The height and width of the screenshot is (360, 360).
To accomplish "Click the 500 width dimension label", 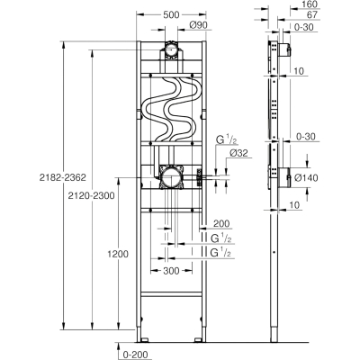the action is point(171,14).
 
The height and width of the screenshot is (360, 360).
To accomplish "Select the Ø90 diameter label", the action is point(199,25).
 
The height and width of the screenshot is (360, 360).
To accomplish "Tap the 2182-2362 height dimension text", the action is point(63,177).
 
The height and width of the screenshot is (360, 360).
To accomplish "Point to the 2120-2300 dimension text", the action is point(91,196).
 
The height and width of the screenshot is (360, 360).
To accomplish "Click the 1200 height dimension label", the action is point(118,254).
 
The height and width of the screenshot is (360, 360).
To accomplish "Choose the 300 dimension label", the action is point(171,271).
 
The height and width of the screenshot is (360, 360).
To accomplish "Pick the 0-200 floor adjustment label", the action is point(134,355).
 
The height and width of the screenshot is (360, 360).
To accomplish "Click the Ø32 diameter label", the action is point(238,153).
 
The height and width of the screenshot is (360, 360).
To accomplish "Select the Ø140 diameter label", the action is point(306,178).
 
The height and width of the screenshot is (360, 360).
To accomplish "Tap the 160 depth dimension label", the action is point(310,4).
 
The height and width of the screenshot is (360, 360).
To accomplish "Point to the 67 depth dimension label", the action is point(312,14).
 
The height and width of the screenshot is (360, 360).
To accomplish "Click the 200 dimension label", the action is point(221,223).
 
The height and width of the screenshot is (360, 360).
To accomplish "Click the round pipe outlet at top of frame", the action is point(171,50).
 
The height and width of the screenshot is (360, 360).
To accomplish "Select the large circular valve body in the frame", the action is point(171,177).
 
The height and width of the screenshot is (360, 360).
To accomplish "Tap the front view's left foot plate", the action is point(144,340).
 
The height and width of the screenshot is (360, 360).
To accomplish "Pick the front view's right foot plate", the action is point(198,340).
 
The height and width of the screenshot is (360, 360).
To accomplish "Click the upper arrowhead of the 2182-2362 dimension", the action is point(63,44).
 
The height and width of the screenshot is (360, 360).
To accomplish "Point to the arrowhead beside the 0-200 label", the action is point(118,346).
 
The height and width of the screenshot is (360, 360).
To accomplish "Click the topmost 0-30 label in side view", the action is point(303,27).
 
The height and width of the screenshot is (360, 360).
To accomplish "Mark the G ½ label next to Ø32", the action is point(223,140).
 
